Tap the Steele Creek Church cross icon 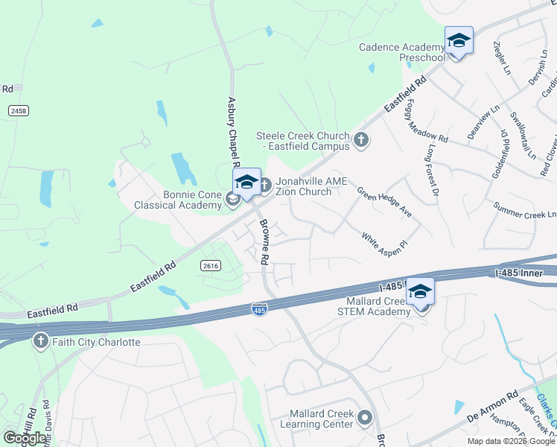pos(361,140)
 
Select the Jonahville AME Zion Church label pos(303,186)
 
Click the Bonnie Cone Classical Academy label pos(177,199)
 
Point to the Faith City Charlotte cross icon pos(41,342)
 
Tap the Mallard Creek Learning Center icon pos(365,418)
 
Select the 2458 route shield pos(19,110)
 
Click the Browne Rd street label pos(263,242)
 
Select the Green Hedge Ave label pos(384,201)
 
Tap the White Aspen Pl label pos(385,243)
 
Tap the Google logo pos(25,437)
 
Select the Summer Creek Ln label pos(524,210)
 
